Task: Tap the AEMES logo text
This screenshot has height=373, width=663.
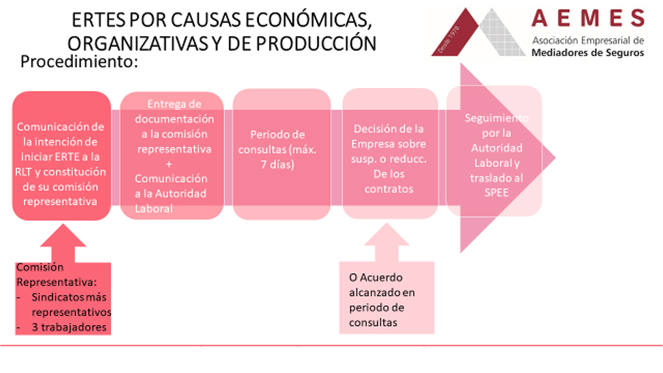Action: point(588,19)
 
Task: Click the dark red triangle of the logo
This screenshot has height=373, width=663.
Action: point(455,33)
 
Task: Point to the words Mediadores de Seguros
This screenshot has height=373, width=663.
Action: point(588,53)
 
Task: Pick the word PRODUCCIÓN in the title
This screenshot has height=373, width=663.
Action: point(315,43)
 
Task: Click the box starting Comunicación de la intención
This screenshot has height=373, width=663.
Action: point(61,156)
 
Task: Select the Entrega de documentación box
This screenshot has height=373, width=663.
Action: point(172,156)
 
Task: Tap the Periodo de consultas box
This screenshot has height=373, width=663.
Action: point(282,154)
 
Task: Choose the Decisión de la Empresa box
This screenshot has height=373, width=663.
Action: point(390,153)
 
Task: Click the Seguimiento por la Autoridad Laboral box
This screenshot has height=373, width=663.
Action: point(494,151)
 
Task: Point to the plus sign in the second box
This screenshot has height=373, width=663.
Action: point(169,164)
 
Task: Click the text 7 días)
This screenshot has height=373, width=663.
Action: point(277,164)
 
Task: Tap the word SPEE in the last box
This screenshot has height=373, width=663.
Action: point(496,193)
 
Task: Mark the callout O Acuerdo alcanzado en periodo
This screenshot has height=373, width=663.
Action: point(387,298)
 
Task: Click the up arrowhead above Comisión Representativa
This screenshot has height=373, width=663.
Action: point(63,236)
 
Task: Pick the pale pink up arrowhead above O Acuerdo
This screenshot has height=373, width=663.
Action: point(387,235)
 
